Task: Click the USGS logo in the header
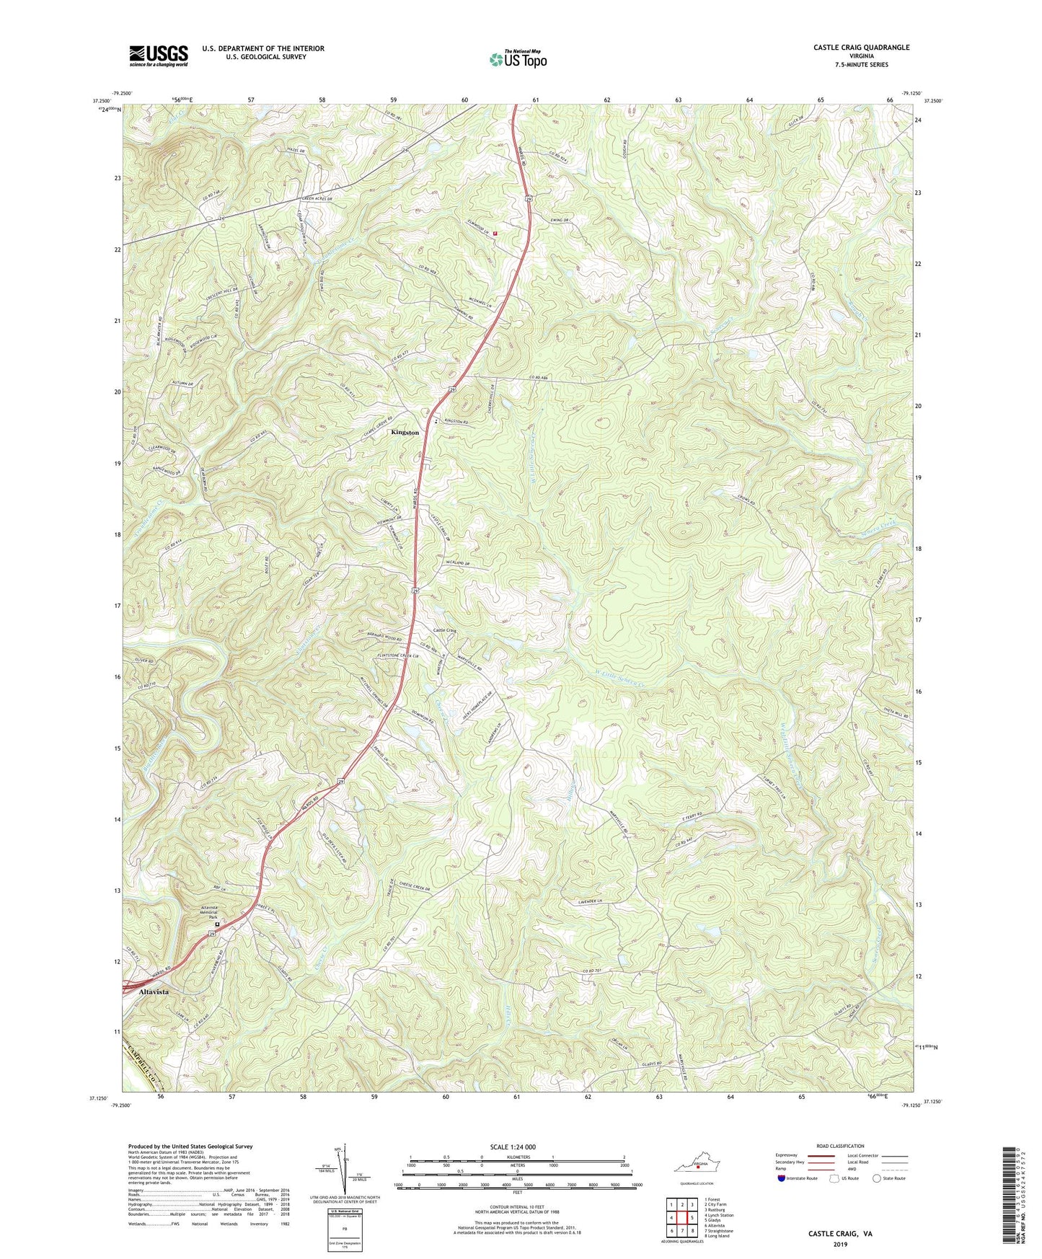pos(158,56)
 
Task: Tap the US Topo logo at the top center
pos(517,59)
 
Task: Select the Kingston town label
pos(404,432)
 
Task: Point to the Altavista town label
pos(153,991)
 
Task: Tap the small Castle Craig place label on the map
pos(444,629)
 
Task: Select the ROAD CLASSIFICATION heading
pos(840,1146)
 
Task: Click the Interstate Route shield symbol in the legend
pos(782,1178)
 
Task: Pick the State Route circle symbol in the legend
pos(877,1178)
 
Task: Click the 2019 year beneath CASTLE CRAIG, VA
pos(839,1244)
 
